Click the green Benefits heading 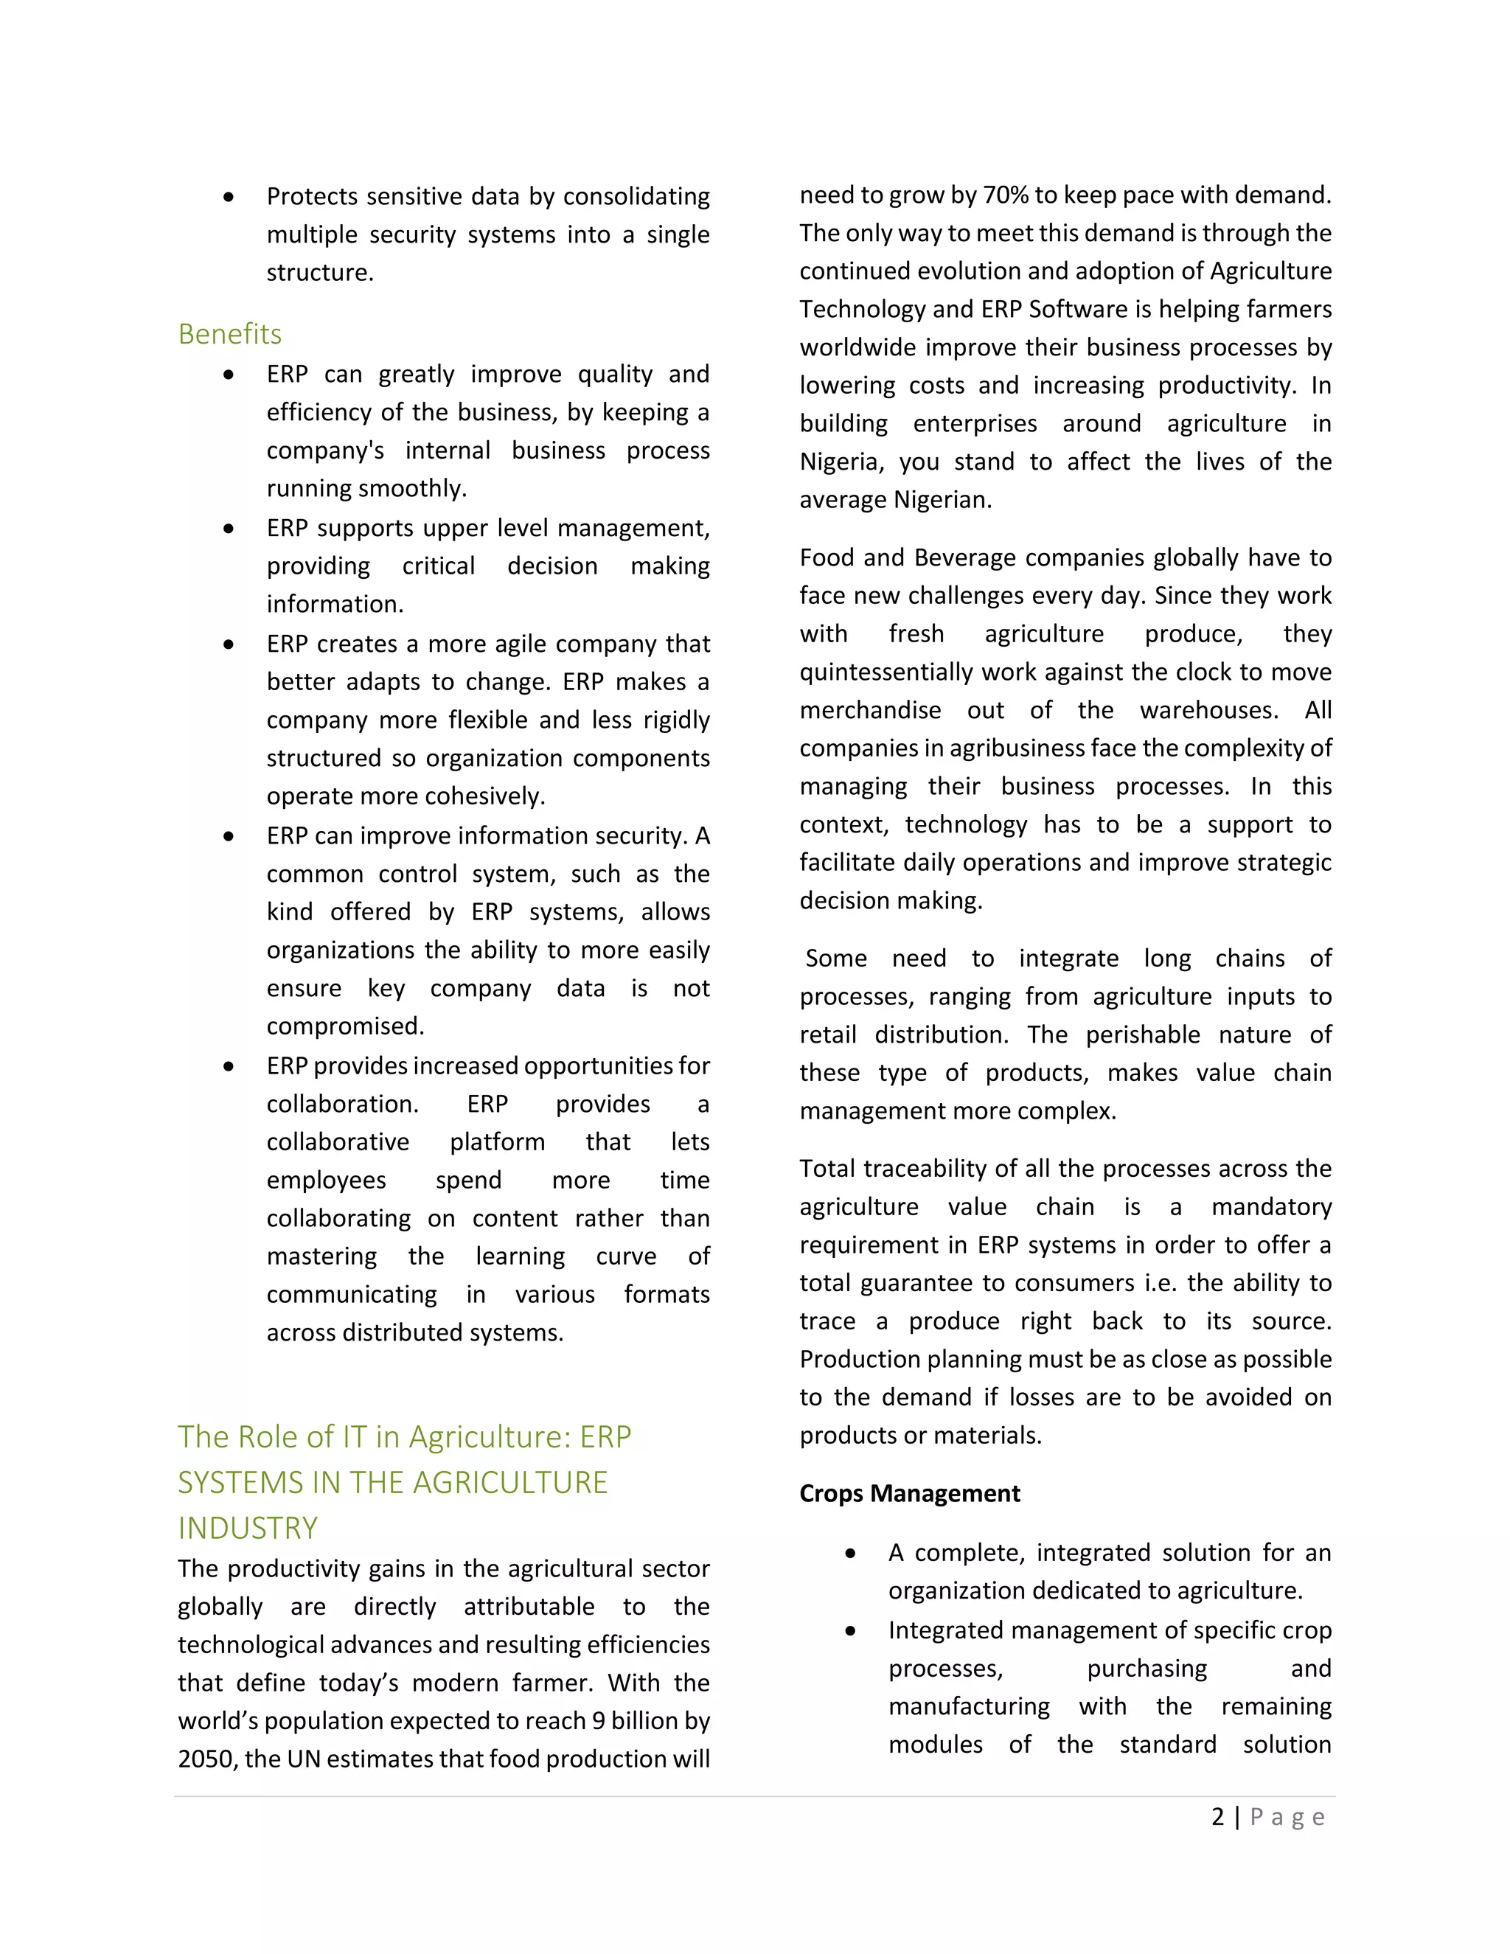pyautogui.click(x=230, y=334)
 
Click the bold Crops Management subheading pyautogui.click(x=909, y=1493)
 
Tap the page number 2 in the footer pyautogui.click(x=1217, y=1816)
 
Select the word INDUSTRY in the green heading pyautogui.click(x=248, y=1528)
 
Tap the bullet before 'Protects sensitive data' pyautogui.click(x=229, y=197)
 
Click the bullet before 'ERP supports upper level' pyautogui.click(x=229, y=529)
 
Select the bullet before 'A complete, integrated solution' pyautogui.click(x=851, y=1553)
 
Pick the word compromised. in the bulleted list pyautogui.click(x=345, y=1026)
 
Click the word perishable pyautogui.click(x=1142, y=1035)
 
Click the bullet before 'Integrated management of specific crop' pyautogui.click(x=851, y=1631)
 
